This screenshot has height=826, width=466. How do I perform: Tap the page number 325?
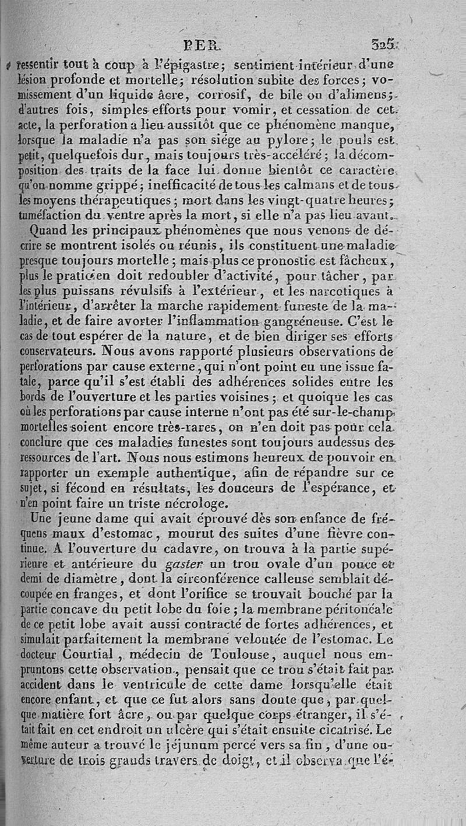pos(382,44)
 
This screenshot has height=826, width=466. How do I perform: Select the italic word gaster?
pos(185,563)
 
